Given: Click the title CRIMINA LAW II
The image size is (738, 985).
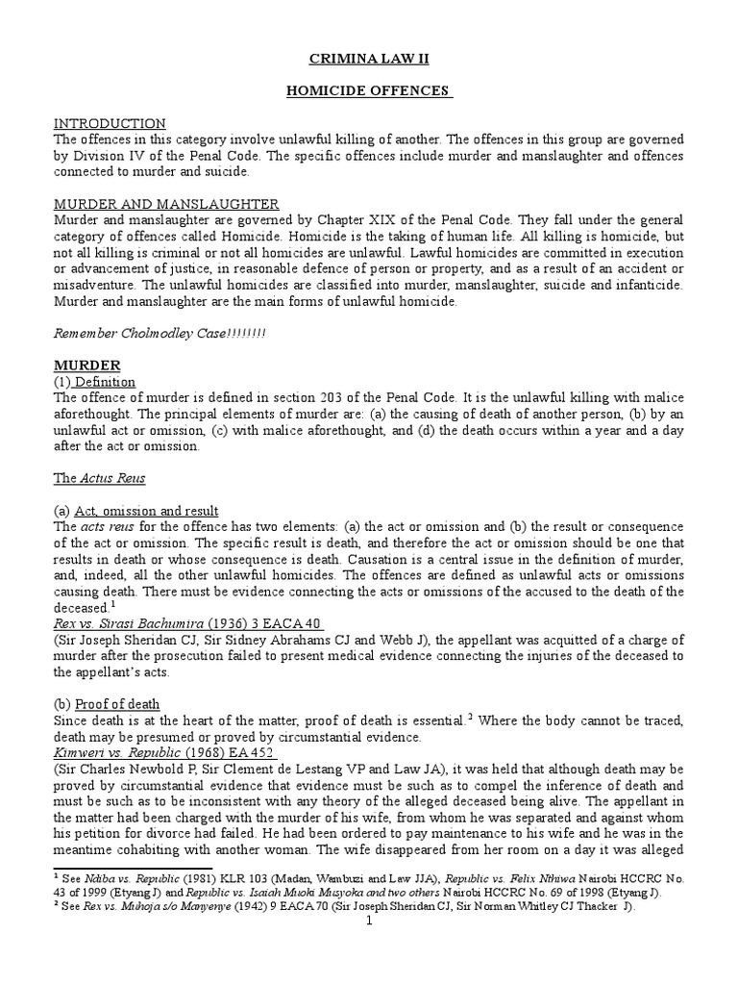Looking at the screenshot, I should point(368,60).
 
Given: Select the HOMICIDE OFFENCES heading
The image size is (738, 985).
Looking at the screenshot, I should point(368,91).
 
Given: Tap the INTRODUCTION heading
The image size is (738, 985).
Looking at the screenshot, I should point(109,124).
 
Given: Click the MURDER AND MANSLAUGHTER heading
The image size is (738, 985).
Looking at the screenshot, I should point(166,204).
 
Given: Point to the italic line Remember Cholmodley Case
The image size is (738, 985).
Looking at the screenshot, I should point(160,333).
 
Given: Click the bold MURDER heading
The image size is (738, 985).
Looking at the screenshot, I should point(86,366).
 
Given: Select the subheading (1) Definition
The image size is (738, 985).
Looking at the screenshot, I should point(94,382).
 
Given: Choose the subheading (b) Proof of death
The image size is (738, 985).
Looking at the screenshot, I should point(107,704).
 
